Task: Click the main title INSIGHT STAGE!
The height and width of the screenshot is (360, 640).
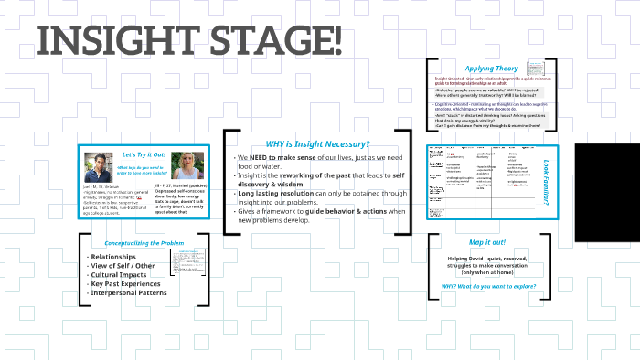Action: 190,41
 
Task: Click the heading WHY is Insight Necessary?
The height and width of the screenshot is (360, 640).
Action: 317,143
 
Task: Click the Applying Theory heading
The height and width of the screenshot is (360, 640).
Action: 491,69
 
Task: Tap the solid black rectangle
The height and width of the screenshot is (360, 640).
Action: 608,193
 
